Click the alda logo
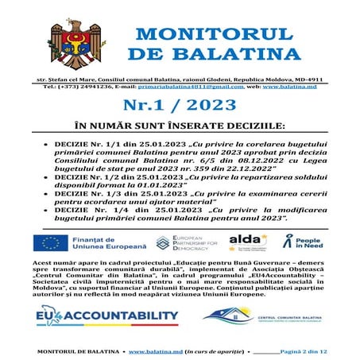243,240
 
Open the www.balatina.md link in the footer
156,350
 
